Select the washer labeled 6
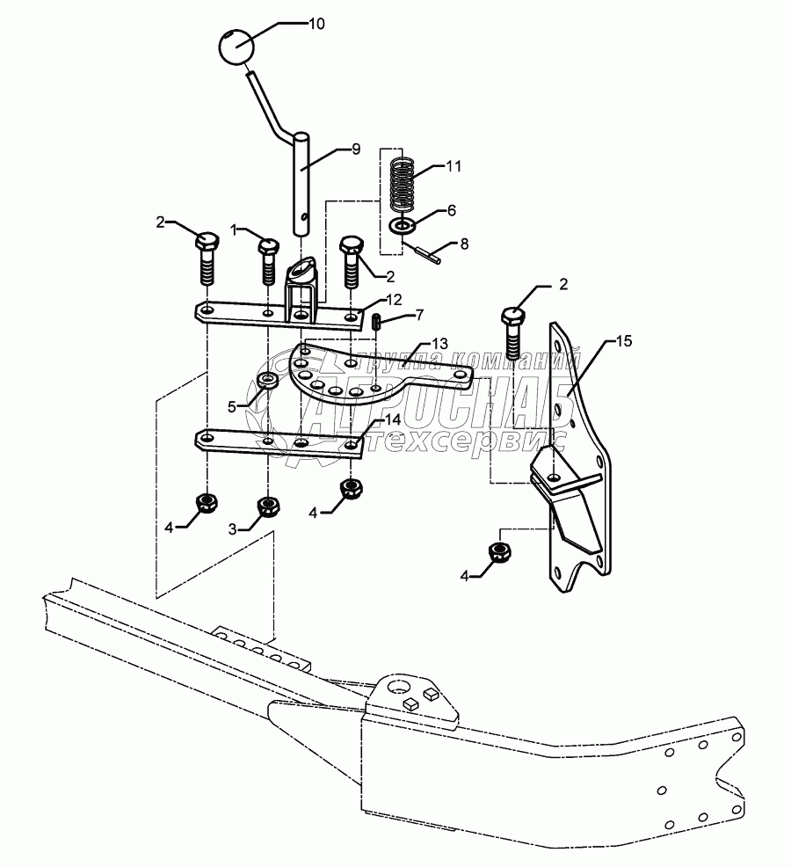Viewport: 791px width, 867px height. coord(403,225)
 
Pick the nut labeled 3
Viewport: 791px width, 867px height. coord(269,506)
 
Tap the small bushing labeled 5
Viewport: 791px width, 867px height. coord(269,381)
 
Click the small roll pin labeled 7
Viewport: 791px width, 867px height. coord(376,321)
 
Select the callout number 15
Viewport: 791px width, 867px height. coord(623,341)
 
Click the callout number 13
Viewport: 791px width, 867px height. coord(439,345)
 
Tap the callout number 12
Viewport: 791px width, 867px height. coord(394,299)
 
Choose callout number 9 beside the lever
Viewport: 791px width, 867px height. coord(356,149)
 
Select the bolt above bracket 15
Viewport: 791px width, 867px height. coord(513,334)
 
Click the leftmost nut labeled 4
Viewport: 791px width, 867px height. coord(207,502)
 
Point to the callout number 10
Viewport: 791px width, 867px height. coord(316,24)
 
